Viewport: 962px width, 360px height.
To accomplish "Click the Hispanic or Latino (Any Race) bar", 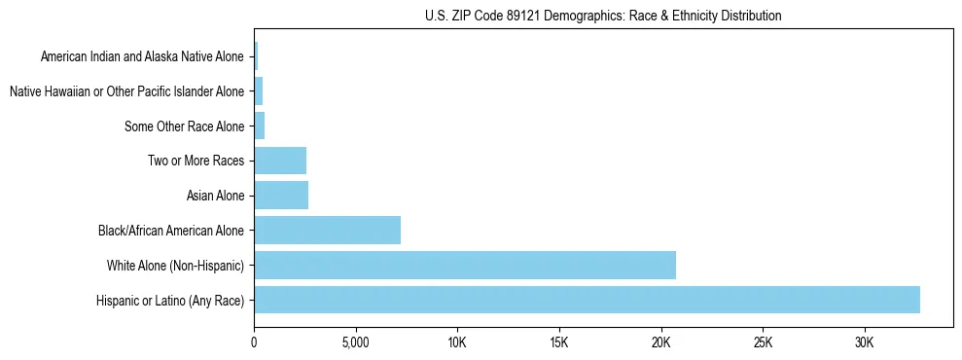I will [587, 300].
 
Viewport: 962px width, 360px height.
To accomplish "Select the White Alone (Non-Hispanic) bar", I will [465, 265].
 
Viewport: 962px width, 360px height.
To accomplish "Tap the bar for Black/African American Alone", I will [327, 231].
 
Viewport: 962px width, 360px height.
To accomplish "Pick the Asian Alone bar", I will [281, 196].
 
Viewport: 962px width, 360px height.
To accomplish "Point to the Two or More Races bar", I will [280, 161].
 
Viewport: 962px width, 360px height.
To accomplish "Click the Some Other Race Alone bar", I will [260, 126].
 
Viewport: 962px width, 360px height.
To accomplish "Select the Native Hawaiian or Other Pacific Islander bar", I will [259, 91].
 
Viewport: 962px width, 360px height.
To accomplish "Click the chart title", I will [603, 17].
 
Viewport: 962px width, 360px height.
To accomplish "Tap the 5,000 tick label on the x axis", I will [356, 343].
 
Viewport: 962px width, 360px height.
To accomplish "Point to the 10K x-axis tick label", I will [457, 343].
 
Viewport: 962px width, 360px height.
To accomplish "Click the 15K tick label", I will [559, 343].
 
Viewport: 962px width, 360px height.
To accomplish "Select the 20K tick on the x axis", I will [661, 343].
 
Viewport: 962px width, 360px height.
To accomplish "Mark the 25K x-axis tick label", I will [763, 343].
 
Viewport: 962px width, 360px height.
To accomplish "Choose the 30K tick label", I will [865, 343].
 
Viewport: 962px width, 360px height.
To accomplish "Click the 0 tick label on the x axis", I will [254, 343].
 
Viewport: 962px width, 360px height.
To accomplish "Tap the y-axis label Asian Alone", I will [215, 197].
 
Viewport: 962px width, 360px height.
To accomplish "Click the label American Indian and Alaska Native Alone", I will [142, 57].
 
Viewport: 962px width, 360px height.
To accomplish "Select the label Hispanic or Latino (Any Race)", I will [170, 301].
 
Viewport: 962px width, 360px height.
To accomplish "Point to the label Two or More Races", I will [196, 162].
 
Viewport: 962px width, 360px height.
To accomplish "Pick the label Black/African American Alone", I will [171, 232].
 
